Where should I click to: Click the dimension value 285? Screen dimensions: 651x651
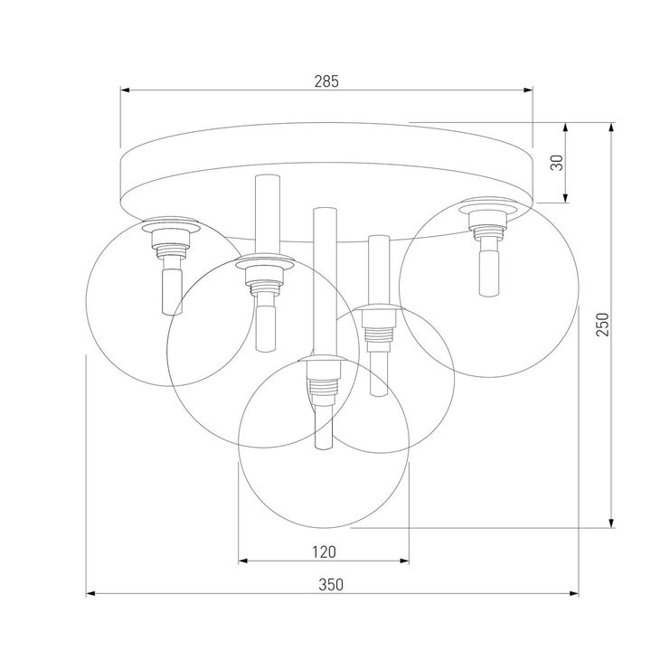coord(326,81)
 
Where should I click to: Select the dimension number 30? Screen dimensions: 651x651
coord(558,163)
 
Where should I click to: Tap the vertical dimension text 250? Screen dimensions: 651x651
coord(603,324)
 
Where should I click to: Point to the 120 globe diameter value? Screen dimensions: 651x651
coord(324,551)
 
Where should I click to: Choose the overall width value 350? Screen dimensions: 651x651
coord(331,584)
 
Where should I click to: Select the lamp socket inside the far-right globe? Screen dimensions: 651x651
coord(488,224)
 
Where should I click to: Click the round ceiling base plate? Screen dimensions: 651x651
coord(325,181)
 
